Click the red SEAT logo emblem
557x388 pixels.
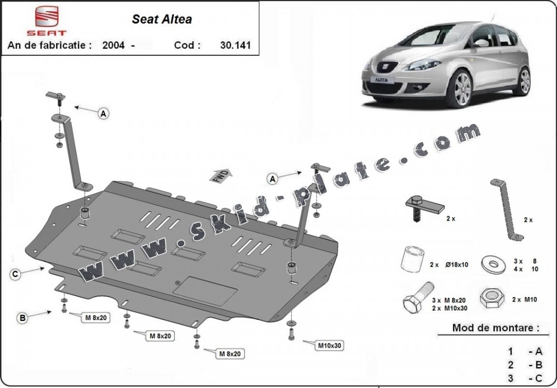coord(46,18)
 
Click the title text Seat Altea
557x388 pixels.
coord(162,19)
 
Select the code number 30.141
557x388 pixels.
coord(236,45)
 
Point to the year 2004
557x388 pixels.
coord(114,45)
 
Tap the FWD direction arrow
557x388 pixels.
coord(221,176)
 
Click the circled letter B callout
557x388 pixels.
coord(22,318)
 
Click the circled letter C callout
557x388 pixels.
coord(15,274)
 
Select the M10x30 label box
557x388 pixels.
coord(330,346)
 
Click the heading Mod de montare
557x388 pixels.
coord(495,328)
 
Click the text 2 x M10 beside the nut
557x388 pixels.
coord(525,299)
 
